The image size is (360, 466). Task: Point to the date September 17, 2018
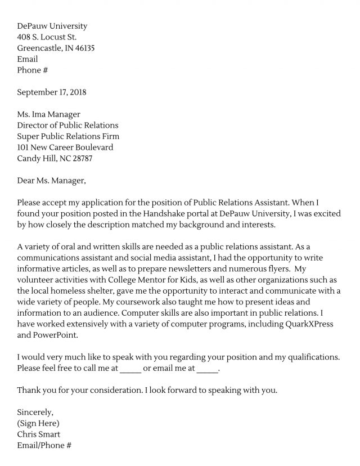tap(52, 92)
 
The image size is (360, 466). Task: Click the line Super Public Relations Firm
tap(68, 136)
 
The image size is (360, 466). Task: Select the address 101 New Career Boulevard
tap(65, 147)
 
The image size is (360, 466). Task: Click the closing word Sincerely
tap(35, 412)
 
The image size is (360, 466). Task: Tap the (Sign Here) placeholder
tap(38, 423)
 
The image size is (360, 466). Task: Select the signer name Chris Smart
tap(39, 434)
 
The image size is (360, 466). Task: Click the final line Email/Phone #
tap(44, 445)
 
